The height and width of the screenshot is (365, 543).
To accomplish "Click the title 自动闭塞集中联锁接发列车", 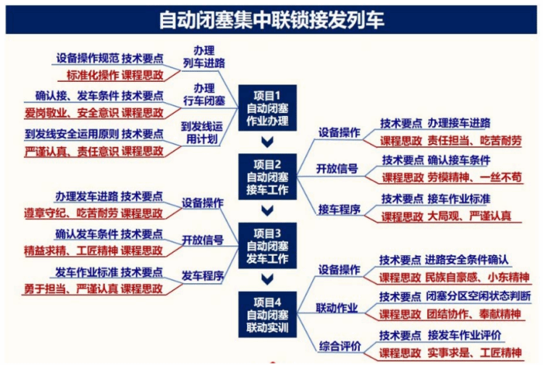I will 271,18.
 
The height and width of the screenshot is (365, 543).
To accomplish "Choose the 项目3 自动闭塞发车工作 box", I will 266,244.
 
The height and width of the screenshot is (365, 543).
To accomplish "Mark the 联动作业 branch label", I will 338,308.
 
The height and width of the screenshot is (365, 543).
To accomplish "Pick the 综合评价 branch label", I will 338,345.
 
